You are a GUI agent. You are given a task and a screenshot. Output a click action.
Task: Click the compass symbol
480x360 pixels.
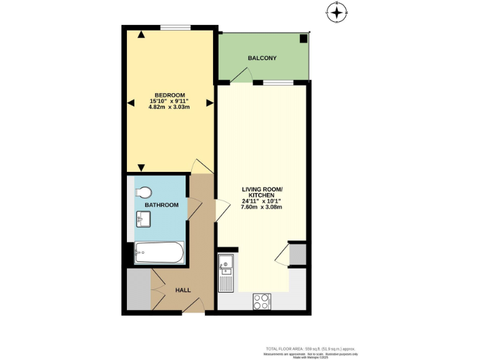coord(337,11)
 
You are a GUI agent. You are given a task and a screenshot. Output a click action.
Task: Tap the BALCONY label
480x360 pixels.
coord(262,58)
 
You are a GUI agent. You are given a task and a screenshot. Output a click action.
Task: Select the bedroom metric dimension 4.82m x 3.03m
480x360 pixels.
coord(169,107)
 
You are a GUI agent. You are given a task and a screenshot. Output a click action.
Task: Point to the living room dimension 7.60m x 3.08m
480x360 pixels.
coord(262,207)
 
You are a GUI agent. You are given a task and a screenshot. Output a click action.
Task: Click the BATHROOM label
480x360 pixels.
coord(161,205)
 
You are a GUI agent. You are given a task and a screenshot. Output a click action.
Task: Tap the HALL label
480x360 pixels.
coord(182,290)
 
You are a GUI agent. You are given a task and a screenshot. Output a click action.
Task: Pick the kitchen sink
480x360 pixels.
coord(226,267)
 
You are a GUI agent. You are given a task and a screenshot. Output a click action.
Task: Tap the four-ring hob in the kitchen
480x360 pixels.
coord(262,301)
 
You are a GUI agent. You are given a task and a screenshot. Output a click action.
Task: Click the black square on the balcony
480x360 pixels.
coord(303,39)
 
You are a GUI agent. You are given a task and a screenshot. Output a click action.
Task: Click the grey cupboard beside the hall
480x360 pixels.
coord(139,289)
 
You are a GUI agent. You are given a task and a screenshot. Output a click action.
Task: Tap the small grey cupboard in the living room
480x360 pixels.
coord(297,255)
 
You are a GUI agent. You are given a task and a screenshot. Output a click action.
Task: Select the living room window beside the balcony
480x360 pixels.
coord(277,82)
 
